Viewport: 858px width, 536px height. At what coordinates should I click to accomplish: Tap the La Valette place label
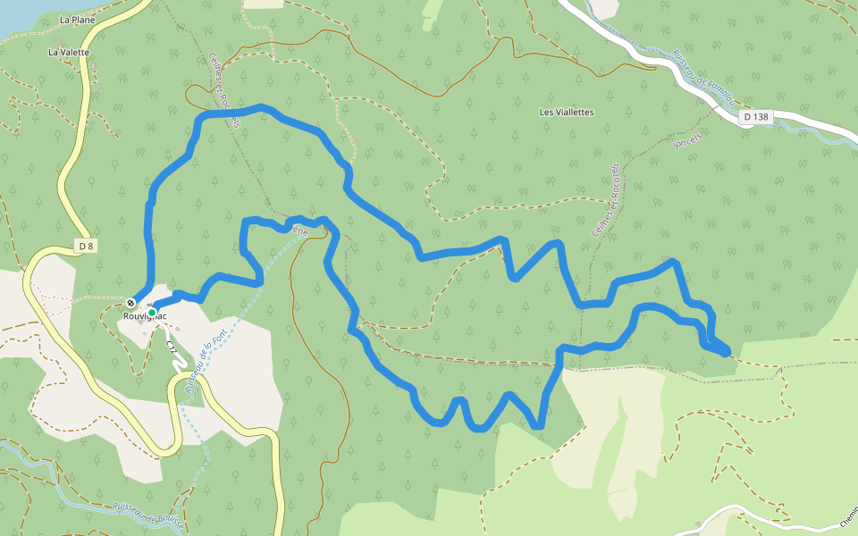point(69,53)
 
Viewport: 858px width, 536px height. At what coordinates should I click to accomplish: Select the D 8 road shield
point(85,246)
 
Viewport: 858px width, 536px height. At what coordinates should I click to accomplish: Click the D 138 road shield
point(755,116)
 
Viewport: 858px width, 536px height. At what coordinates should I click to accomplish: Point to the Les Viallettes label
point(567,113)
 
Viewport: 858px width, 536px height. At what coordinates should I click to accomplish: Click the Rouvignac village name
point(146,315)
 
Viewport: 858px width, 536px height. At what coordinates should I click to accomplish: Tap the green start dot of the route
point(152,313)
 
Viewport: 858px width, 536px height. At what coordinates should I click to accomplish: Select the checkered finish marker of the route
point(131,302)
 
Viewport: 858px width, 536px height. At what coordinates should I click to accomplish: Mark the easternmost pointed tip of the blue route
point(728,351)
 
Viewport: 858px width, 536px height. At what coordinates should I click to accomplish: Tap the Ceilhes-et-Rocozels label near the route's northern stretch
point(224,90)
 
